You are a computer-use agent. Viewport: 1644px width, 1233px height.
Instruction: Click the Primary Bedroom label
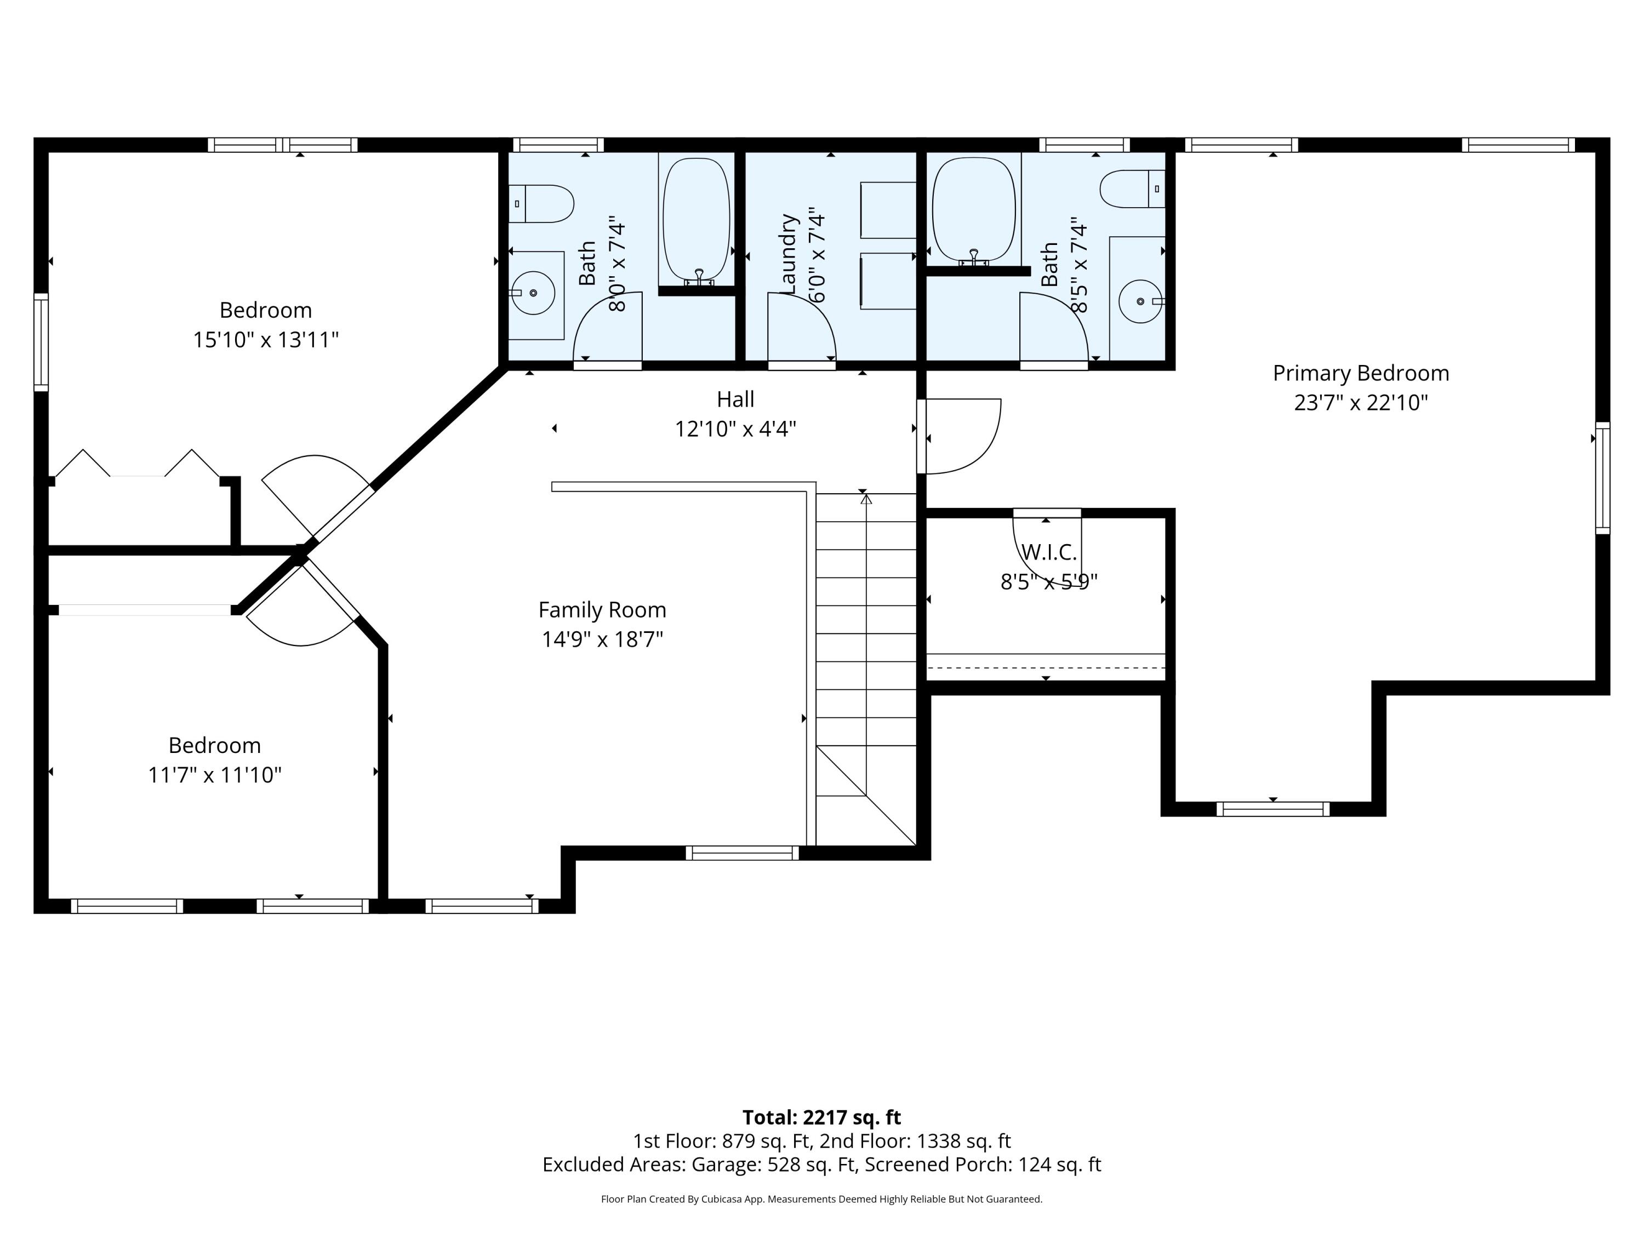1361,373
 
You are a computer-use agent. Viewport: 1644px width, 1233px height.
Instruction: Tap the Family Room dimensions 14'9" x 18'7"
602,639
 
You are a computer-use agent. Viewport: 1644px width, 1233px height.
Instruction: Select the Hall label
735,399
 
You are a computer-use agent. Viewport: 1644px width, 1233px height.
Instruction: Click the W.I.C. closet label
1049,552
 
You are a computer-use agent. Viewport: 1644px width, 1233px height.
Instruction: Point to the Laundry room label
789,254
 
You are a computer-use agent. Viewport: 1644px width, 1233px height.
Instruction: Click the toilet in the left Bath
541,204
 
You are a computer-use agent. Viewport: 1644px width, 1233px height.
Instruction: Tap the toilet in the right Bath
1133,189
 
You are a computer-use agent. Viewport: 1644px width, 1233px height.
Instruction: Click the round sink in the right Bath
1140,301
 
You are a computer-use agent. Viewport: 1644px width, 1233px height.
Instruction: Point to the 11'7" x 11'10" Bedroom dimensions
215,775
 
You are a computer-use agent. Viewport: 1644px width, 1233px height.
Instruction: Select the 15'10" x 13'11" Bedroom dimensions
266,340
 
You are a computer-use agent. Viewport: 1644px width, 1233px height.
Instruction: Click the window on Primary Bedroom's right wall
1603,478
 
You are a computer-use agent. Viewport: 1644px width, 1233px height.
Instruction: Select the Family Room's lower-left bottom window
482,906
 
